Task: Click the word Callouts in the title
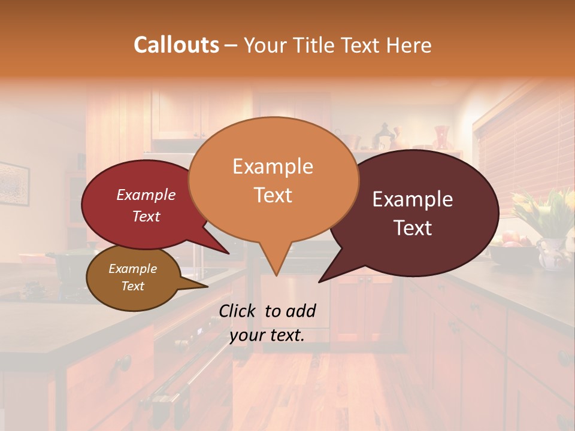pyautogui.click(x=176, y=45)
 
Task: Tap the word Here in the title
pyautogui.click(x=408, y=45)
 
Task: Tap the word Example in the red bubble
pyautogui.click(x=146, y=195)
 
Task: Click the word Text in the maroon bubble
pyautogui.click(x=413, y=228)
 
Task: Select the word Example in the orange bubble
pyautogui.click(x=273, y=166)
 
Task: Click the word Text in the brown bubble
pyautogui.click(x=133, y=286)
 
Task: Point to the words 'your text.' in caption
pyautogui.click(x=267, y=336)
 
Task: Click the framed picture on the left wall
pyautogui.click(x=13, y=183)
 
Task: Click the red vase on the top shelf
pyautogui.click(x=442, y=137)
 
